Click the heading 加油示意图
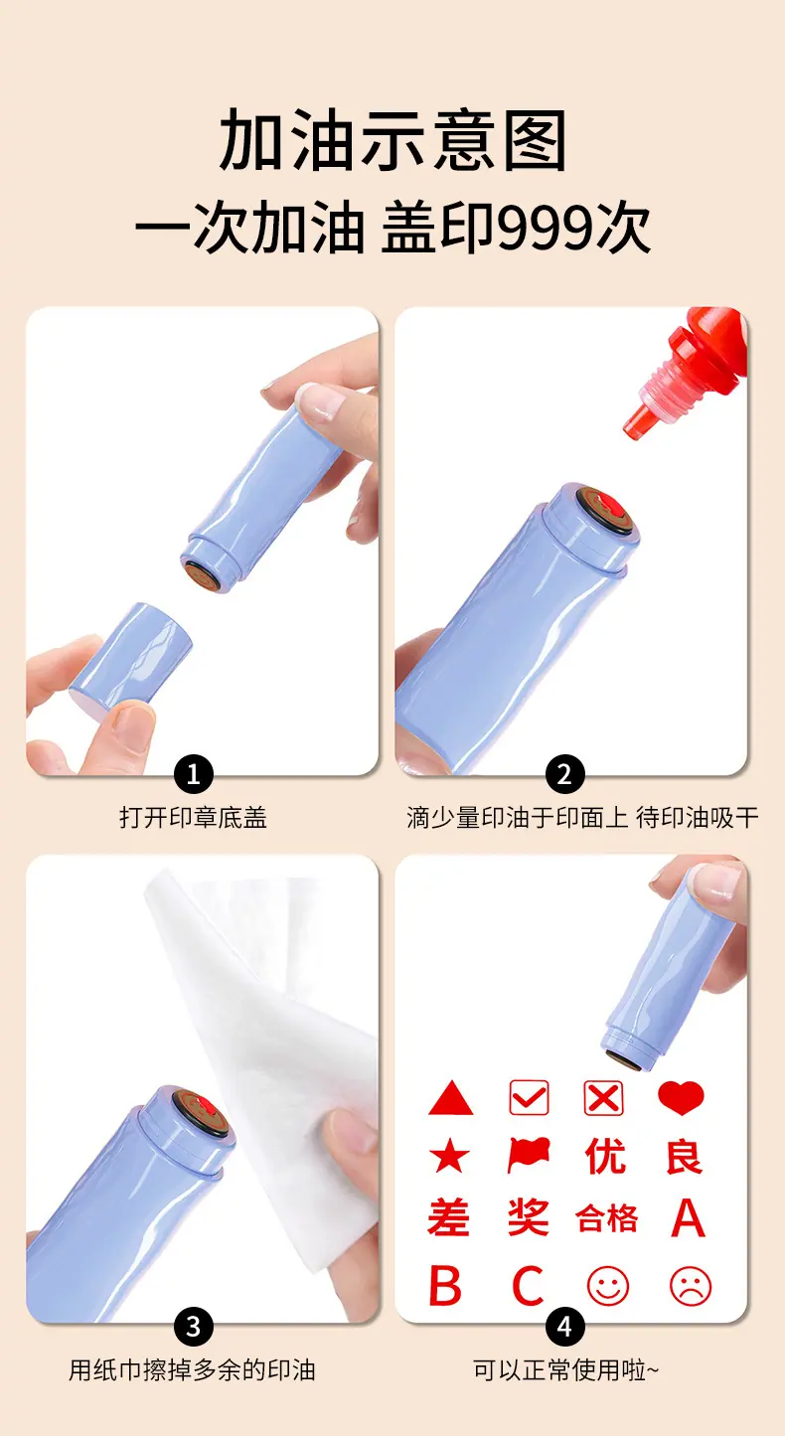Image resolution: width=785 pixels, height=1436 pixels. click(x=392, y=140)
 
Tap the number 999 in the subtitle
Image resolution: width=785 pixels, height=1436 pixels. click(x=546, y=229)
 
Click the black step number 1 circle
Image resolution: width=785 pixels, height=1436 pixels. click(x=194, y=774)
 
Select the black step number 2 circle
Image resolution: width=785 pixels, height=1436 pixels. click(x=564, y=774)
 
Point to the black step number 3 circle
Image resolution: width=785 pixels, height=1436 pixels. click(x=194, y=1327)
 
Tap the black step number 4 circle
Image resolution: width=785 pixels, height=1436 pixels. click(x=564, y=1327)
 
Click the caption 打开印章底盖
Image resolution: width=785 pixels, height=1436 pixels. click(x=193, y=817)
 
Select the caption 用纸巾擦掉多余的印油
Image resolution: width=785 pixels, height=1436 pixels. click(x=192, y=1370)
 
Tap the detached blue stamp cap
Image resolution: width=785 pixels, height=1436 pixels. click(x=131, y=659)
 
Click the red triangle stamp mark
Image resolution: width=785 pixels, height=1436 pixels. click(x=450, y=1098)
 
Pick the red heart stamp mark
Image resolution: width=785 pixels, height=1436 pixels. click(x=682, y=1097)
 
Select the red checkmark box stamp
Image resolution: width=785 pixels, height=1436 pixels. click(x=529, y=1097)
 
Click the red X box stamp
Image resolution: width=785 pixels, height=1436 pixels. click(x=603, y=1097)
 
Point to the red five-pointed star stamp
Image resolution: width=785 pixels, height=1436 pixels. click(x=449, y=1156)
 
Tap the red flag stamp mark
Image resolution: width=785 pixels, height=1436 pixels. click(x=529, y=1155)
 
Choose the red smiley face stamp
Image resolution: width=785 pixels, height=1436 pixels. click(x=608, y=1286)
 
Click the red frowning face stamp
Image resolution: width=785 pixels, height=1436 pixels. click(x=691, y=1286)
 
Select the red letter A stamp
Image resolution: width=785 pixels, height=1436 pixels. click(x=688, y=1217)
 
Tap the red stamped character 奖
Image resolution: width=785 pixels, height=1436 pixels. click(x=528, y=1216)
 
